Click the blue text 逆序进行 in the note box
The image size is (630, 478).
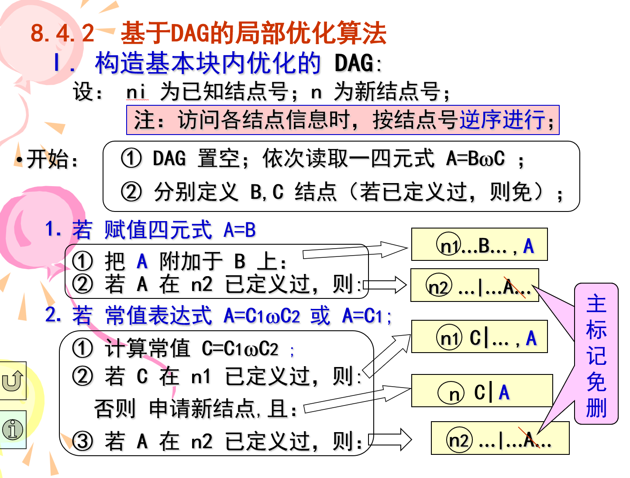pyautogui.click(x=502, y=120)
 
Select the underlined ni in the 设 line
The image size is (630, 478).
pyautogui.click(x=136, y=92)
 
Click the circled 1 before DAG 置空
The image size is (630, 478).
pyautogui.click(x=131, y=158)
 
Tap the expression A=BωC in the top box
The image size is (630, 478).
pyautogui.click(x=475, y=158)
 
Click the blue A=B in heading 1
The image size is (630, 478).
pyautogui.click(x=239, y=230)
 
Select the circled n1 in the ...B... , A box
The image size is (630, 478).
pyautogui.click(x=449, y=246)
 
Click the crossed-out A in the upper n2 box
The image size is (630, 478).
pyautogui.click(x=509, y=287)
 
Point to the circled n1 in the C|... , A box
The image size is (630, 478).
pyautogui.click(x=449, y=338)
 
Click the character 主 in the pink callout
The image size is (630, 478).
pyautogui.click(x=596, y=304)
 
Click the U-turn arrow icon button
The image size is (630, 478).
pyautogui.click(x=13, y=381)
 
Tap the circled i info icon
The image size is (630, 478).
pyautogui.click(x=13, y=430)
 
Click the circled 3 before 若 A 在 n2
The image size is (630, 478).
pyautogui.click(x=83, y=441)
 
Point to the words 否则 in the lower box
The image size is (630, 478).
pyautogui.click(x=115, y=409)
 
